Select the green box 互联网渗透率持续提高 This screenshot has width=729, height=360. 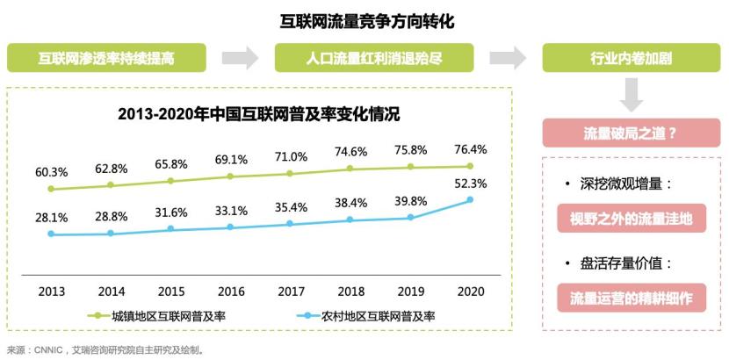[x=106, y=59]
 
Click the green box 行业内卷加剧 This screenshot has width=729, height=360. [x=631, y=59]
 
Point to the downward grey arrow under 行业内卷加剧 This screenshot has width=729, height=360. [x=631, y=94]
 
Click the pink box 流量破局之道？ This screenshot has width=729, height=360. [x=631, y=133]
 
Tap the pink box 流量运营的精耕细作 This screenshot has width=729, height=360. [x=631, y=297]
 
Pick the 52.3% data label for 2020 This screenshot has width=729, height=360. [x=470, y=183]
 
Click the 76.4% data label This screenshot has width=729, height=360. [x=470, y=149]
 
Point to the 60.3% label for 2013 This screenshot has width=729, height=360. [x=51, y=171]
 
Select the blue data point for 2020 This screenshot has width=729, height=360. [x=470, y=199]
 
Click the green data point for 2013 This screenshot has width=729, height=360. [x=51, y=189]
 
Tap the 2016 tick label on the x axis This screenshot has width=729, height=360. [x=230, y=289]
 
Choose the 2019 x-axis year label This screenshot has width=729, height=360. [x=410, y=289]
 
